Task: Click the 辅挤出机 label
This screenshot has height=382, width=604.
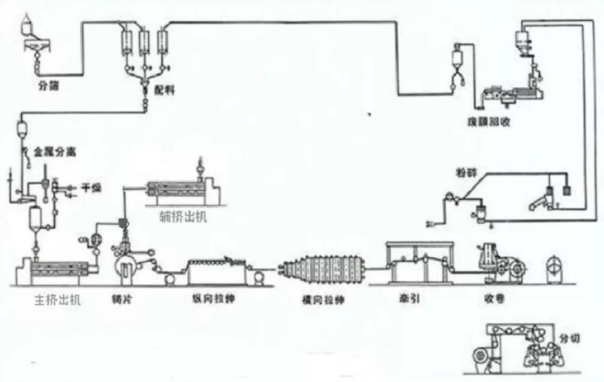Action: [x=183, y=217]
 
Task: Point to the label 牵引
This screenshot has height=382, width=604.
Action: [x=410, y=299]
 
